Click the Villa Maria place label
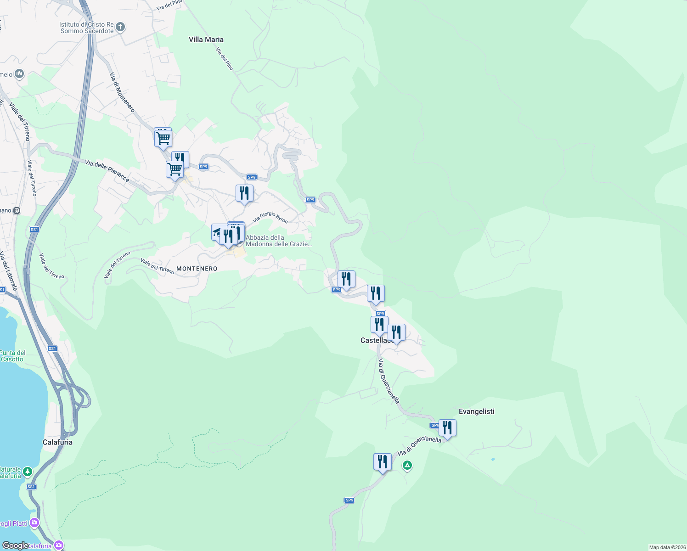coord(206,39)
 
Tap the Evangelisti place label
coord(476,411)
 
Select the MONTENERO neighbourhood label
coord(197,269)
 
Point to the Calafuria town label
coord(57,442)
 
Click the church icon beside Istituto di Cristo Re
coord(120,27)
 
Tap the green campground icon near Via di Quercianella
coord(407,466)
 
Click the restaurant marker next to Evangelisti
coord(447,428)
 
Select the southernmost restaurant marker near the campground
coord(382,462)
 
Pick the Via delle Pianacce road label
coord(107,170)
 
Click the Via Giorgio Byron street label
coord(270,217)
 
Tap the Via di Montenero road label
coord(122,92)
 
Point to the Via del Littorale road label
coord(9,271)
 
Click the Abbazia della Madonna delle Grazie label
coord(278,241)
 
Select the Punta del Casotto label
coord(12,356)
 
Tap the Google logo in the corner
coord(15,545)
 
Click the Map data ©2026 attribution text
coord(667,547)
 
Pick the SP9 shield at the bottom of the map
coord(349,500)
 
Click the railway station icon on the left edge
coord(17,211)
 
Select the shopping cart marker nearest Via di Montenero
coord(163,137)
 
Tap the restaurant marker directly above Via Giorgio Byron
coord(244,193)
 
